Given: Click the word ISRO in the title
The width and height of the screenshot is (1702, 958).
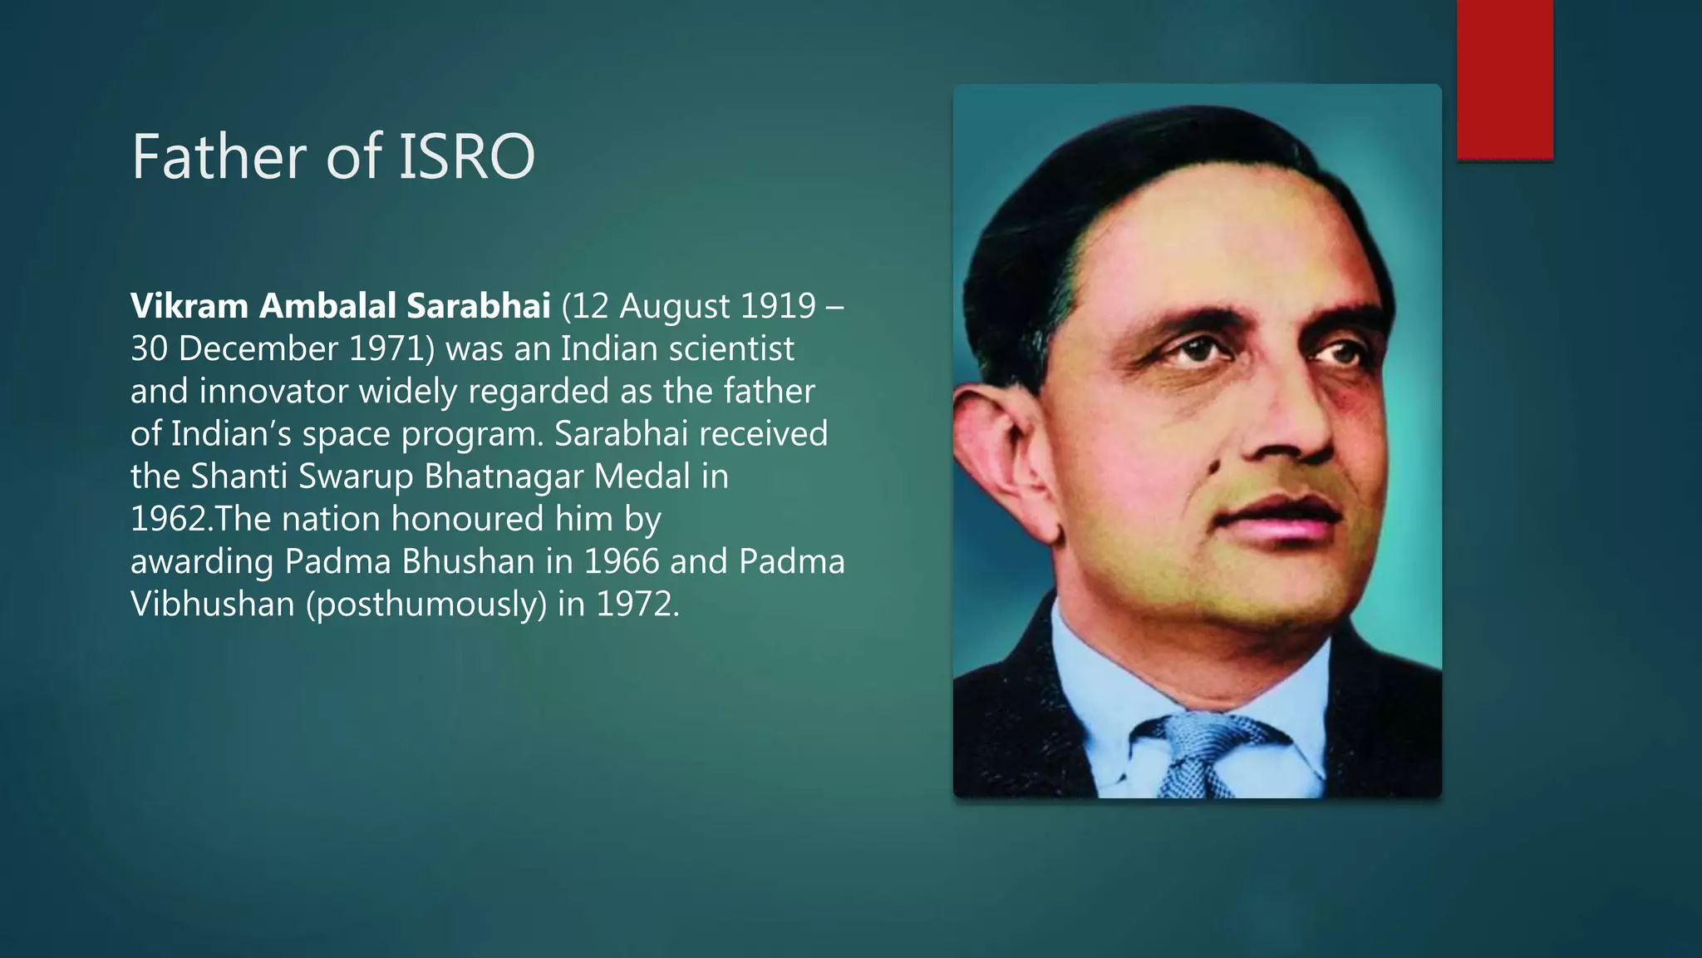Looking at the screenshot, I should (x=467, y=156).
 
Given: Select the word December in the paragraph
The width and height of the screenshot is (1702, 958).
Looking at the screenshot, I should (x=258, y=348).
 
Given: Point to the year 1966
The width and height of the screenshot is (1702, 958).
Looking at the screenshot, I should (x=622, y=561).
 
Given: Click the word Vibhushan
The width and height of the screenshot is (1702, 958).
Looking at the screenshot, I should (x=213, y=604).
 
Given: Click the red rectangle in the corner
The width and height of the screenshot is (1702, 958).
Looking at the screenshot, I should (x=1504, y=79).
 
